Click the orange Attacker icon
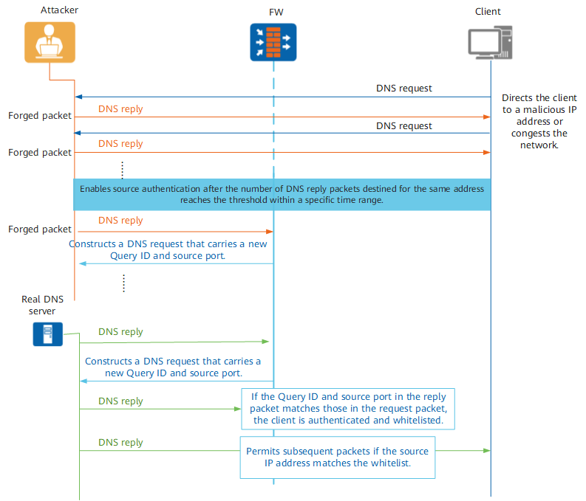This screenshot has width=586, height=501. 50,42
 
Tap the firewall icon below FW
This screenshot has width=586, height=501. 273,42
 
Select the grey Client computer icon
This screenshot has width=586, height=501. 491,43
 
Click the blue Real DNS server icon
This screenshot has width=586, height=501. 48,334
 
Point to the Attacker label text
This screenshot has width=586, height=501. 59,10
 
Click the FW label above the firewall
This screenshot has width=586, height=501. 276,13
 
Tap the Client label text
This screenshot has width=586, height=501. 488,12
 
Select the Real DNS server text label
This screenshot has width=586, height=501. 42,305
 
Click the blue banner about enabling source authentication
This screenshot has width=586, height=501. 282,194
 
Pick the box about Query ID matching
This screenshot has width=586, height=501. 348,409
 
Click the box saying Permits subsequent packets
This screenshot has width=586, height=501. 338,457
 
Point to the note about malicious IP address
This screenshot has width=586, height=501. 539,122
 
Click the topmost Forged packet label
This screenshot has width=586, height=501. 40,116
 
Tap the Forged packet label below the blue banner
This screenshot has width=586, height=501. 40,229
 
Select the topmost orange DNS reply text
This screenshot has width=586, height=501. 120,109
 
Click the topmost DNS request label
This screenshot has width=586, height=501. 404,89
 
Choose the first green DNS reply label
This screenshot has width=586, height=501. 120,332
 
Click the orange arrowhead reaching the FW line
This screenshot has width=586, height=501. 270,232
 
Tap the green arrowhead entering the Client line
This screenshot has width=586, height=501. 486,451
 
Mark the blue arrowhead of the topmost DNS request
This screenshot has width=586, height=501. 78,97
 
